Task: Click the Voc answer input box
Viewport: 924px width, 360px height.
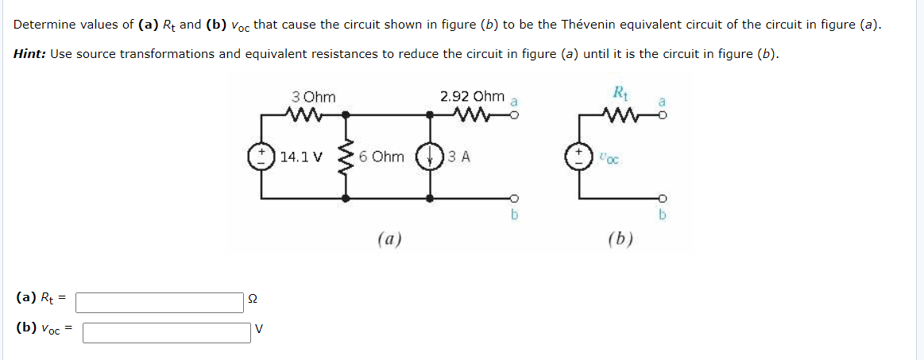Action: [x=167, y=331]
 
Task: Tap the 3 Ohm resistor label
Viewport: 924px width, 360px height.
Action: [x=314, y=97]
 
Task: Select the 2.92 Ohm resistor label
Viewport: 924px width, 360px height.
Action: [x=472, y=97]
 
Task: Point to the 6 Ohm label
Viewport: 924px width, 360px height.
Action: [x=381, y=157]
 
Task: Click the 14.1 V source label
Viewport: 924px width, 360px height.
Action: [x=301, y=157]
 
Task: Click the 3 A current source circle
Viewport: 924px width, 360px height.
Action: [x=429, y=156]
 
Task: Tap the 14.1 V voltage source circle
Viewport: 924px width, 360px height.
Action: [x=262, y=156]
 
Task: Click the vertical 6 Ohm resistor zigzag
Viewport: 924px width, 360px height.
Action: [x=346, y=157]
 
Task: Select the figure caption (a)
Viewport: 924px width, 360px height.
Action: [x=389, y=238]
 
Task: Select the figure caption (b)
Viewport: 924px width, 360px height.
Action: [x=619, y=238]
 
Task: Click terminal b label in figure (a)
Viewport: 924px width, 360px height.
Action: [x=514, y=215]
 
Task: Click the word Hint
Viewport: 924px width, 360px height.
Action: [x=29, y=53]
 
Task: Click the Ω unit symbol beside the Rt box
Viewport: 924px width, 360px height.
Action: [x=253, y=300]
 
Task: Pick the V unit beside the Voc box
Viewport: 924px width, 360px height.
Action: [x=258, y=329]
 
